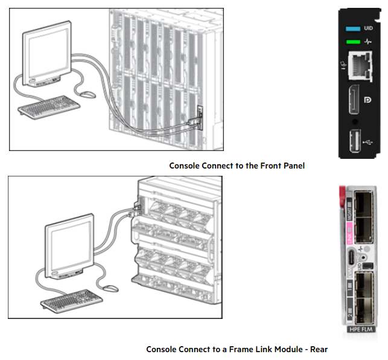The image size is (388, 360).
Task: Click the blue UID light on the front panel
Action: coord(351,28)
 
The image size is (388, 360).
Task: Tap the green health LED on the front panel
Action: coord(351,42)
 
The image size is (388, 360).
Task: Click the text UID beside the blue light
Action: coord(368,28)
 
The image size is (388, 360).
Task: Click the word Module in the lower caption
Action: coord(287,349)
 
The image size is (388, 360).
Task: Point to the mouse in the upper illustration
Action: coord(88,94)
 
